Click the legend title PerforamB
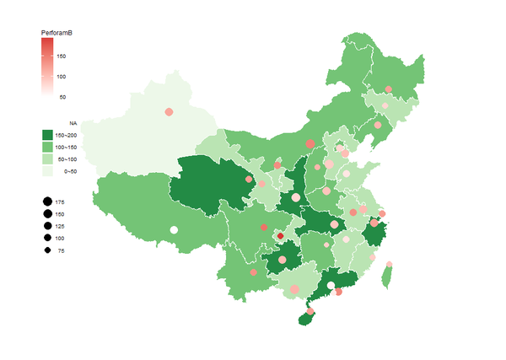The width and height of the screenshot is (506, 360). tap(57, 32)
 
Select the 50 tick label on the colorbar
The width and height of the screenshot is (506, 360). tap(62, 97)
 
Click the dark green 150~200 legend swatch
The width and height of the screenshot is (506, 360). tap(47, 135)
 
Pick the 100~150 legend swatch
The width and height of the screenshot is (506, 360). tap(47, 147)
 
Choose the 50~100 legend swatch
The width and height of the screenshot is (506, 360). tap(47, 159)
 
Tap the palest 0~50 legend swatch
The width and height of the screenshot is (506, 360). tap(47, 170)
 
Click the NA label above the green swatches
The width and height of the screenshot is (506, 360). tap(73, 123)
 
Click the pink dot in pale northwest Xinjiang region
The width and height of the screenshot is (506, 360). tap(169, 111)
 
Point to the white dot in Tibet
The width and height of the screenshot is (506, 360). tap(174, 229)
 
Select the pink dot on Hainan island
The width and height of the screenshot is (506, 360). tap(310, 312)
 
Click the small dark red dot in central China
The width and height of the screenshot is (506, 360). tap(280, 236)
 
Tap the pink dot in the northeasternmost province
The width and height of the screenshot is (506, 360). tap(388, 89)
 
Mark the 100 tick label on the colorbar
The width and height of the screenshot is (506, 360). tap(62, 77)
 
